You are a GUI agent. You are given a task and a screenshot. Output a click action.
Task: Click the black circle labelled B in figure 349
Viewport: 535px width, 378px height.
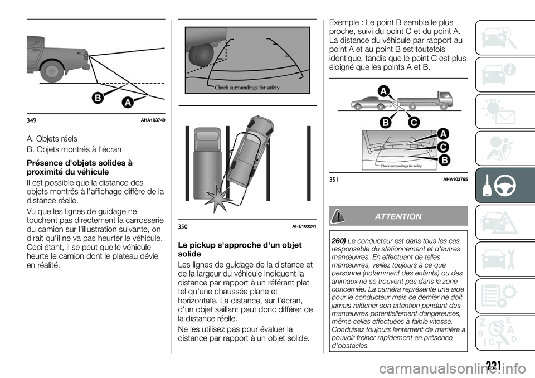[98, 99]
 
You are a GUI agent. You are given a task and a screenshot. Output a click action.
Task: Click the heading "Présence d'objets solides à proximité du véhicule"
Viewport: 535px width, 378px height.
[80, 168]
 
